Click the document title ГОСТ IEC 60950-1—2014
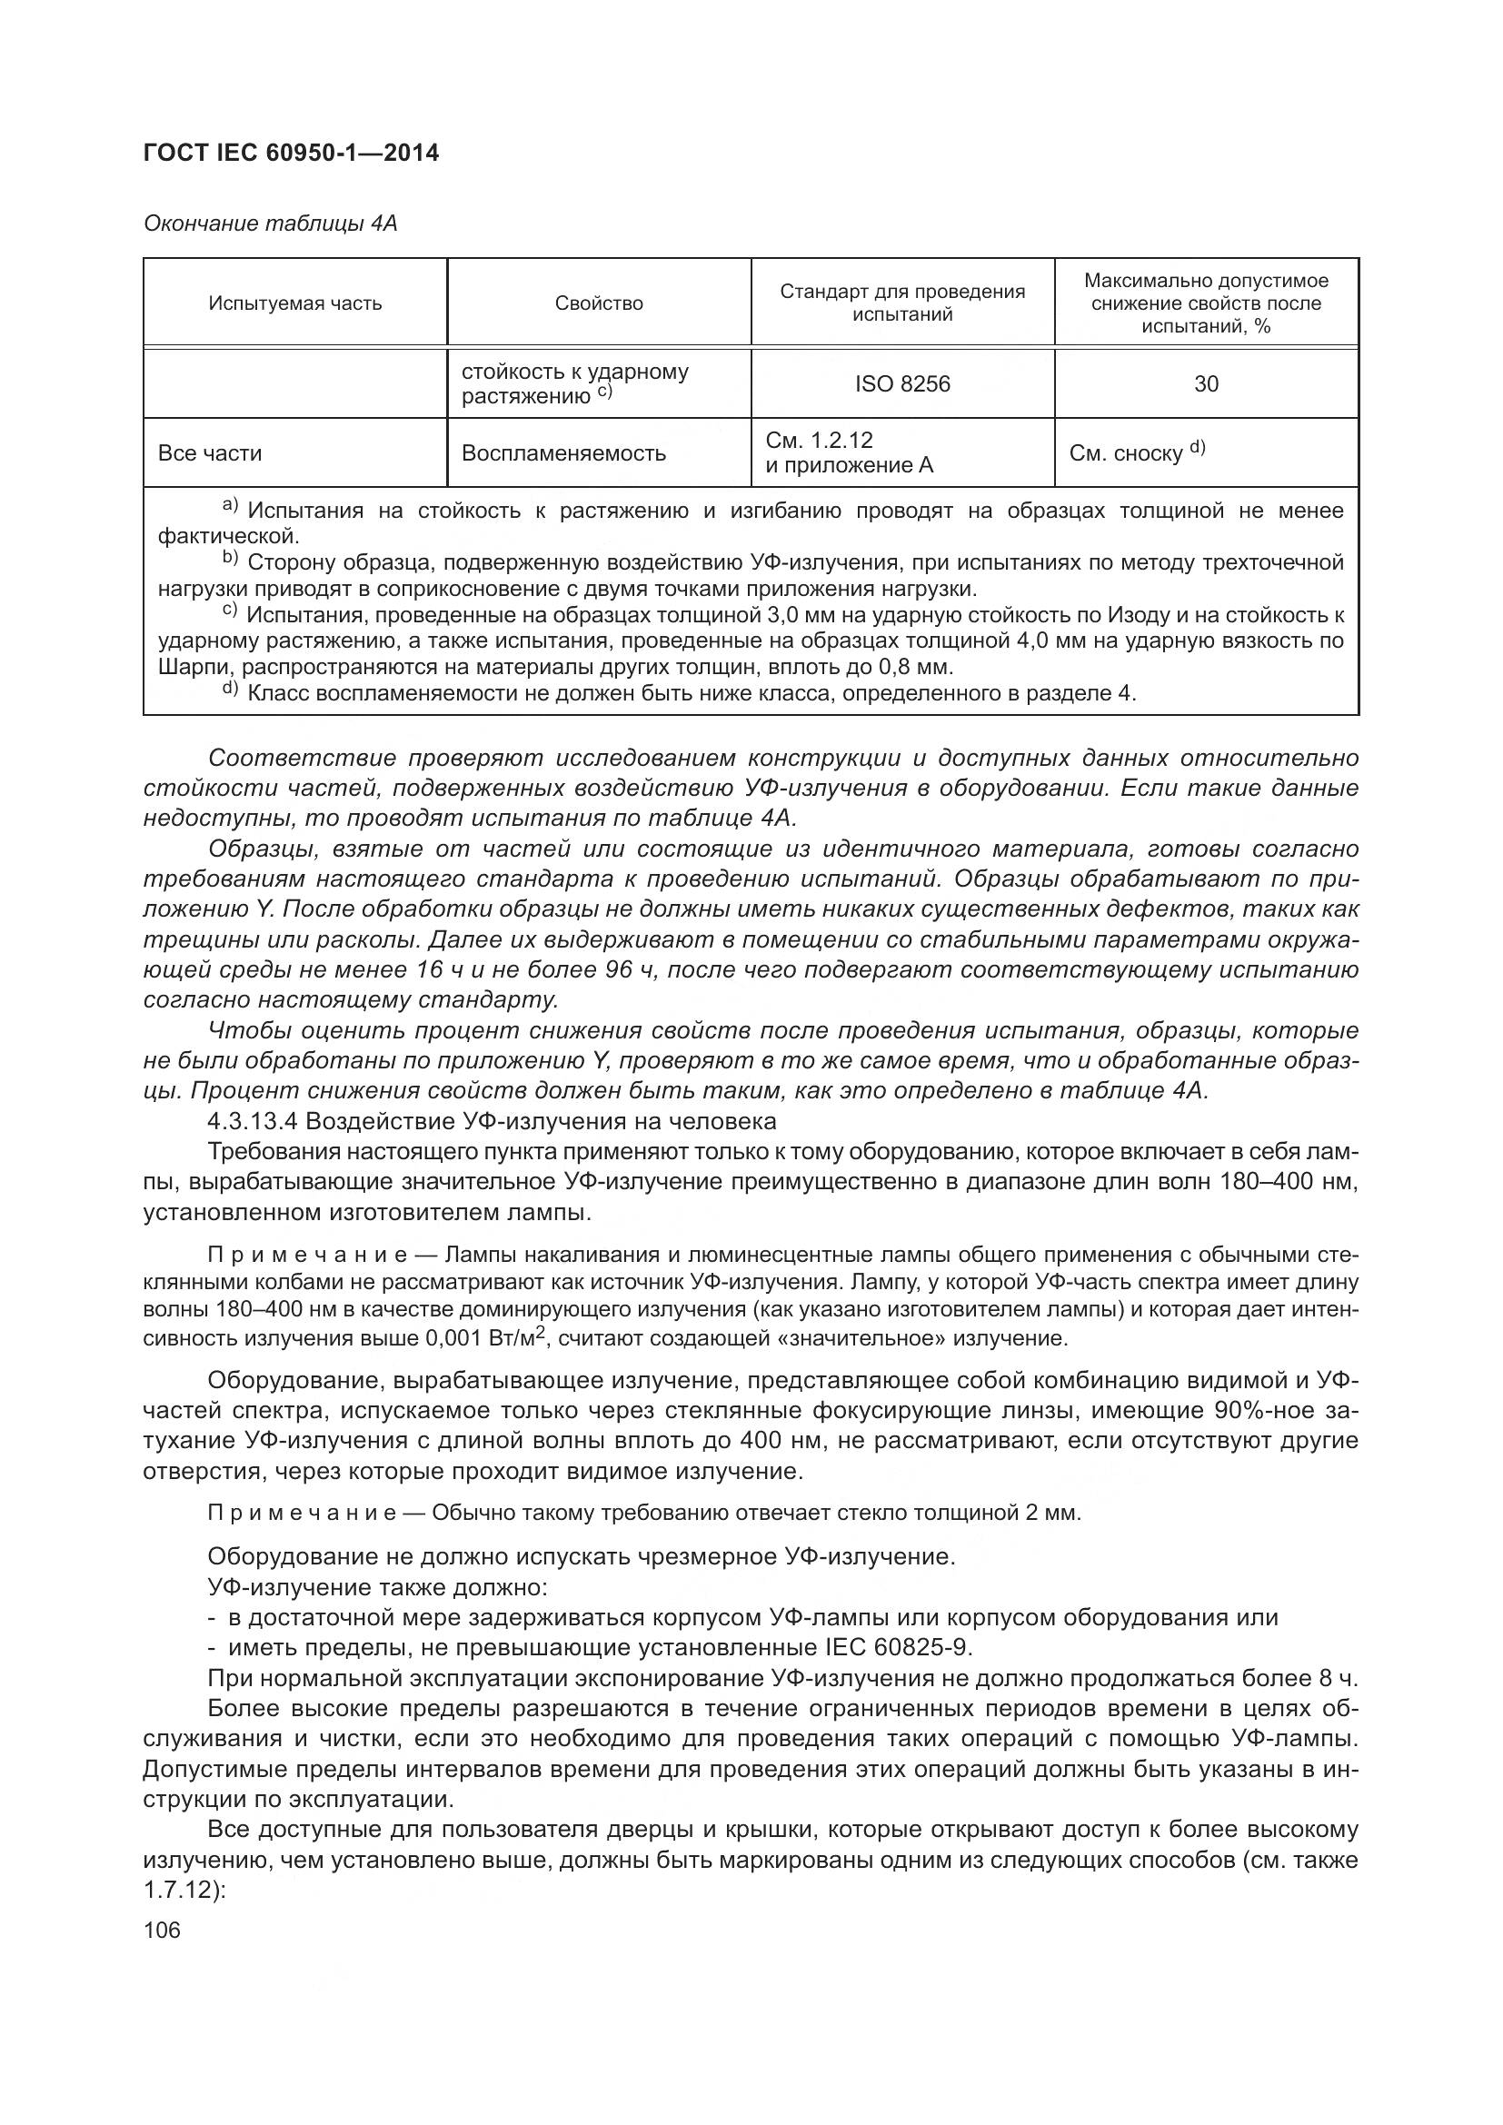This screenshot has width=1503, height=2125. tap(291, 153)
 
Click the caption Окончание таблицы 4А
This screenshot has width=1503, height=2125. tap(270, 223)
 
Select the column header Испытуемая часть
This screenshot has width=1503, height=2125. tap(294, 303)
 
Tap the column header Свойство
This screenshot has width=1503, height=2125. tap(599, 303)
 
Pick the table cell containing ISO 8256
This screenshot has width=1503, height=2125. tap(902, 384)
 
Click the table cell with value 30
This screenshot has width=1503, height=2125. tap(1206, 384)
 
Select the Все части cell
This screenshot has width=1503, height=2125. tap(210, 453)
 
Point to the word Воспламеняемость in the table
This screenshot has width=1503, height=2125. tap(563, 453)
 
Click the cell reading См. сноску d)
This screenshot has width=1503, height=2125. tap(1137, 452)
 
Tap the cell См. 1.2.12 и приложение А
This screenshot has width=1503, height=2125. tap(849, 452)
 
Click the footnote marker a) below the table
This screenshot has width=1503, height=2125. tap(230, 506)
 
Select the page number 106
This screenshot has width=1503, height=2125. tap(162, 1930)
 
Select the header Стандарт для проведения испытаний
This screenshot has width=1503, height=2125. tap(902, 303)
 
